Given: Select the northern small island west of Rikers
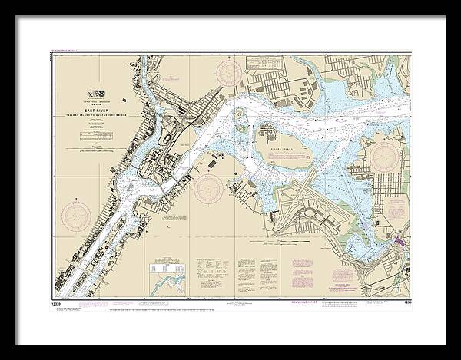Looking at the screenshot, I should point(240,116).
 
